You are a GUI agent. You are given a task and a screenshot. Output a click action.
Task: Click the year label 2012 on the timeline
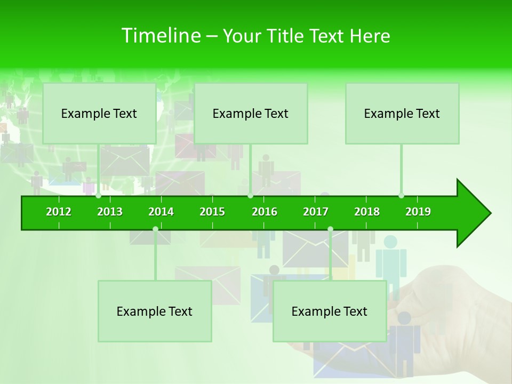point(59,212)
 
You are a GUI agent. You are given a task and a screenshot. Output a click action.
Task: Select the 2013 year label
point(110,212)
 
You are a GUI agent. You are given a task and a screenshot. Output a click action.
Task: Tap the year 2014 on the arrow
point(161,212)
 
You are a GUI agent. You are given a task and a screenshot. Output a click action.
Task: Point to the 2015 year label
point(212,212)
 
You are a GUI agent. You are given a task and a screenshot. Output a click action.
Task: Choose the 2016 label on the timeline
point(265,212)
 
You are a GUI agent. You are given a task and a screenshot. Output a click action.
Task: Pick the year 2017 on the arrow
point(316,212)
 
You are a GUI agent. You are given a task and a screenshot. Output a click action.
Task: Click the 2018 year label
point(367,212)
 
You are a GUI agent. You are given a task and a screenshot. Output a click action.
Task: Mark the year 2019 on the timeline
point(418,212)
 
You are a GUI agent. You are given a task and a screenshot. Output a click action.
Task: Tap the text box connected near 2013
point(99,113)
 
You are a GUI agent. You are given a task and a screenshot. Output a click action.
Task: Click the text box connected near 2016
point(251,113)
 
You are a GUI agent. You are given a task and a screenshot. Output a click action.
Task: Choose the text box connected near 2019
point(402,113)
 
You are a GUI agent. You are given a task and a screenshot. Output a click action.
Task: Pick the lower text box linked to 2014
point(155,311)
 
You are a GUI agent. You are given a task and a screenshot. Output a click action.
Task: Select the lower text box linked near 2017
point(330,311)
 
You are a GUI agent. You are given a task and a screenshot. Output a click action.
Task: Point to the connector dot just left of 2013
point(98,196)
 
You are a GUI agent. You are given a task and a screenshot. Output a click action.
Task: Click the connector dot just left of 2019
point(401,196)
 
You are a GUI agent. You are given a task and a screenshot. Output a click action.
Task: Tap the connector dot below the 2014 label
point(155,229)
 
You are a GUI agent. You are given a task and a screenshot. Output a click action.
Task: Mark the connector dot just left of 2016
point(250,196)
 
